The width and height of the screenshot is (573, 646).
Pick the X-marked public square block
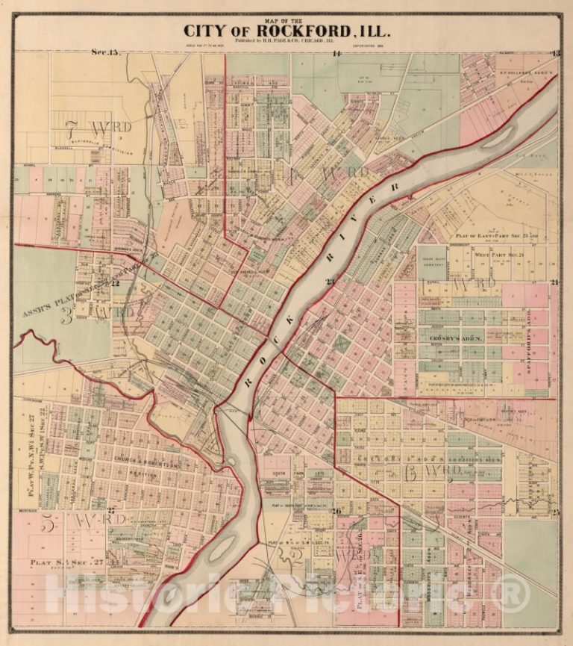click(341, 344)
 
